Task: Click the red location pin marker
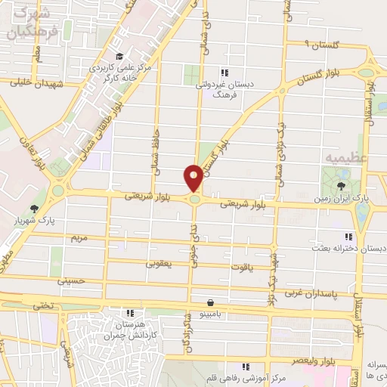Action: [193, 178]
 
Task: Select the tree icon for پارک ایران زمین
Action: [342, 186]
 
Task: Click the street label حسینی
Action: [70, 280]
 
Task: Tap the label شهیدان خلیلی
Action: [30, 84]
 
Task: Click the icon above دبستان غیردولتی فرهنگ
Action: [224, 73]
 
